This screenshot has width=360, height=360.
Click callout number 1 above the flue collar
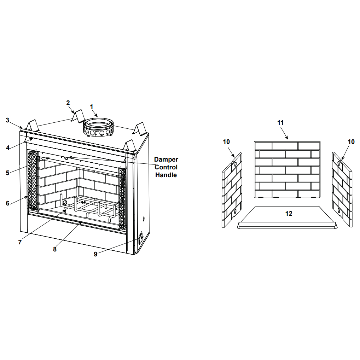[x=92, y=107]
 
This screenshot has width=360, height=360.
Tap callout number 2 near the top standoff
[x=68, y=103]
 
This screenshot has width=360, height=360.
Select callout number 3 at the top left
[x=7, y=120]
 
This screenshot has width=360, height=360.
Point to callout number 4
[x=7, y=148]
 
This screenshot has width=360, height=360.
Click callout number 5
[x=7, y=173]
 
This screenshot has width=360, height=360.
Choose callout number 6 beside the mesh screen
[x=7, y=203]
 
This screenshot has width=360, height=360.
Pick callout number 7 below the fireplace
[x=20, y=242]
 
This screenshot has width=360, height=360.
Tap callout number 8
[x=55, y=249]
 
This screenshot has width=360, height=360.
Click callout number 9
[x=95, y=254]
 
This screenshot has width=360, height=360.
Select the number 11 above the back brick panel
[x=280, y=123]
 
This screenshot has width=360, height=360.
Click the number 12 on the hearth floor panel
[x=289, y=214]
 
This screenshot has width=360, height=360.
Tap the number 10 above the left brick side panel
[x=226, y=142]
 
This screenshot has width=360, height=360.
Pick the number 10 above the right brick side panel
[x=351, y=142]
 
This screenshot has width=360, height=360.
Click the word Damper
[x=166, y=159]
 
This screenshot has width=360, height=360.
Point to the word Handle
[x=166, y=175]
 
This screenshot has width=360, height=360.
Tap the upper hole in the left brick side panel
[x=236, y=164]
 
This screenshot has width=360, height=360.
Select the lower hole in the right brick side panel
[x=339, y=210]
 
